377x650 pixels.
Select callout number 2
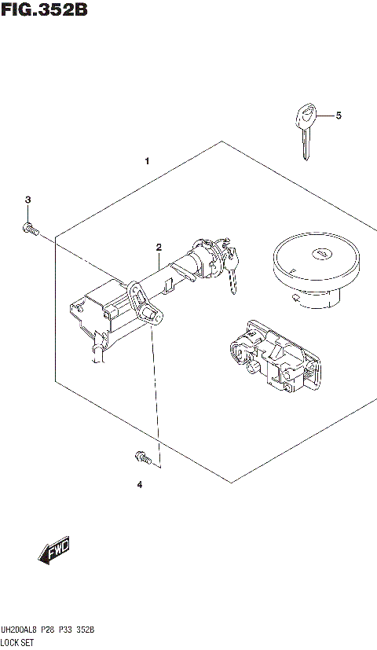click(x=158, y=247)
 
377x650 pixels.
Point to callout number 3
click(x=27, y=200)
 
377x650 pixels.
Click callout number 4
click(x=139, y=484)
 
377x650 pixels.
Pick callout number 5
click(x=339, y=116)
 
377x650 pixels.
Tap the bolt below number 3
click(x=29, y=230)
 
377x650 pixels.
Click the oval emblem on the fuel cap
click(x=322, y=254)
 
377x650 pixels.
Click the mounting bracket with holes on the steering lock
click(x=137, y=298)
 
